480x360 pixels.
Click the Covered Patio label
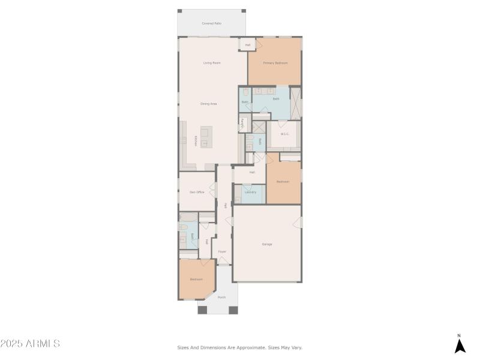click(x=212, y=23)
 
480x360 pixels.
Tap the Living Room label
click(x=212, y=62)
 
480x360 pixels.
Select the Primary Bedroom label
click(x=275, y=63)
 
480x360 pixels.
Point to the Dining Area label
click(x=209, y=104)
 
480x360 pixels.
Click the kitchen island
click(x=206, y=137)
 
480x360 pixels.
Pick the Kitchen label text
click(x=195, y=141)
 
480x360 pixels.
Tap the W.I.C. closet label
click(x=285, y=134)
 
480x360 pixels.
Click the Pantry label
click(x=242, y=123)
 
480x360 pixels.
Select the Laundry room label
click(x=251, y=192)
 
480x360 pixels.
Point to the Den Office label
click(x=197, y=192)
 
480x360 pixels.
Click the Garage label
click(x=267, y=244)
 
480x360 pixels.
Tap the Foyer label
click(x=222, y=251)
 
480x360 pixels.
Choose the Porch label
click(x=221, y=297)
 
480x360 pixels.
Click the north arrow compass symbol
click(x=460, y=345)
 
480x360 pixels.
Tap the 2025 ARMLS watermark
click(x=30, y=344)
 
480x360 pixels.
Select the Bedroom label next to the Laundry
click(x=283, y=181)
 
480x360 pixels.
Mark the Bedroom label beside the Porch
click(x=196, y=279)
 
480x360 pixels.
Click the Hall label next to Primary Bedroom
click(x=248, y=45)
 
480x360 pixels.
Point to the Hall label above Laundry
click(x=253, y=172)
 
